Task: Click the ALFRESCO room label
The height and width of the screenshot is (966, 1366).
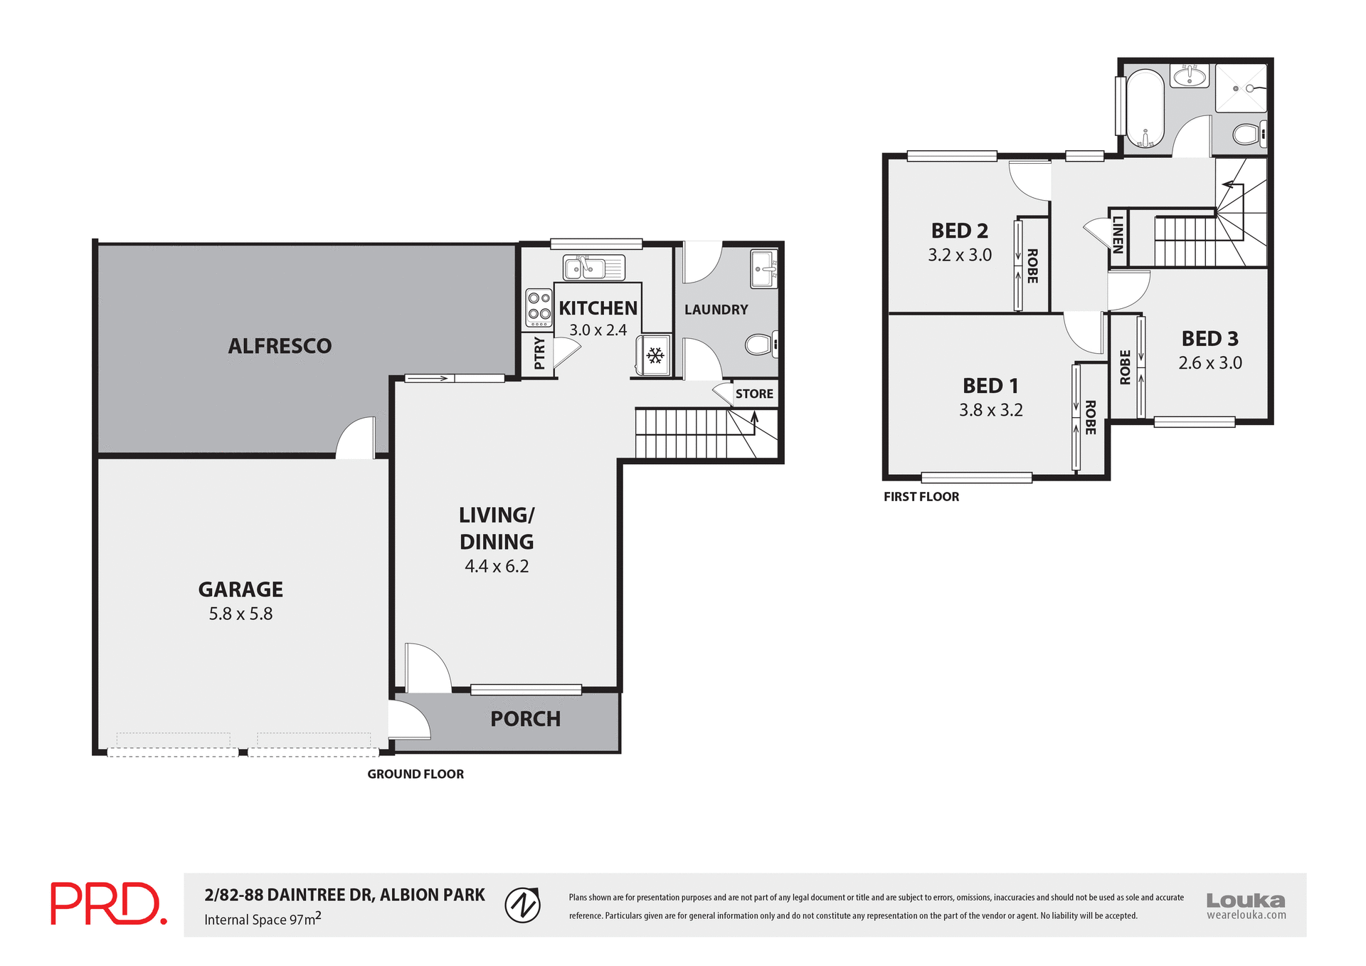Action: tap(280, 346)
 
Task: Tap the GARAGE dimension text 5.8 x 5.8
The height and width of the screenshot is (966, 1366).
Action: tap(240, 614)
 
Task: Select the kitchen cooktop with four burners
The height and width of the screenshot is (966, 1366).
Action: tap(539, 307)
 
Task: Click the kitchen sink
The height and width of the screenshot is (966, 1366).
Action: tap(593, 268)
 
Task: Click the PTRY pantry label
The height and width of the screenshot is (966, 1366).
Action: tap(539, 353)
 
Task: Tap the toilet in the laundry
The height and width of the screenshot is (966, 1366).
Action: tap(761, 345)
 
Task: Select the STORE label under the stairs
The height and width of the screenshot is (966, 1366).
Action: tap(754, 394)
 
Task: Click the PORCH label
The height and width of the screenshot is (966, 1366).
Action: tap(525, 719)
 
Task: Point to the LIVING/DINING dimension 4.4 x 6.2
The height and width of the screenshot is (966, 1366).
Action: tap(497, 567)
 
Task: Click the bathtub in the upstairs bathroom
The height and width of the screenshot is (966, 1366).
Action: tap(1145, 109)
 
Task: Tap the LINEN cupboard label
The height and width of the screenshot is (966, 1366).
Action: tap(1118, 235)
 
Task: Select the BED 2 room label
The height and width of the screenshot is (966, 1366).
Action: tap(959, 231)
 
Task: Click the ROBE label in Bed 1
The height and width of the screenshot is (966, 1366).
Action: tap(1090, 418)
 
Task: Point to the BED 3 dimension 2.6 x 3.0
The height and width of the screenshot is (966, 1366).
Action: tap(1209, 363)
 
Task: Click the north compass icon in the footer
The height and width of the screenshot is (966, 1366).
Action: tap(522, 905)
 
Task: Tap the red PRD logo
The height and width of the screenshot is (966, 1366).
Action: tap(108, 904)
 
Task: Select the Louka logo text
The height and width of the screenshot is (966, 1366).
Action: tap(1245, 901)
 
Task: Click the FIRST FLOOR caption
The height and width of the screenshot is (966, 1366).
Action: tap(921, 497)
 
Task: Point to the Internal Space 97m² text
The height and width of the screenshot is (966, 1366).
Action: tap(263, 919)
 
